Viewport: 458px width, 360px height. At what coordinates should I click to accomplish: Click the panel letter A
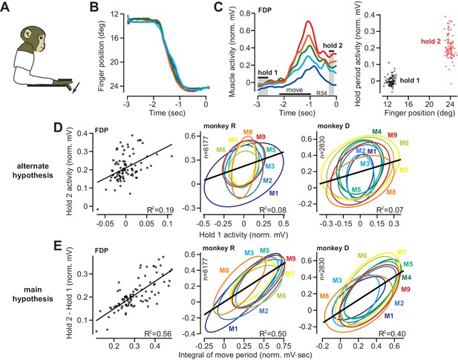[5, 7]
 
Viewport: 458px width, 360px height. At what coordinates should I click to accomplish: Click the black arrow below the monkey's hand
[76, 88]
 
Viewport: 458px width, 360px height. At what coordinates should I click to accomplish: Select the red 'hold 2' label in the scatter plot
[431, 42]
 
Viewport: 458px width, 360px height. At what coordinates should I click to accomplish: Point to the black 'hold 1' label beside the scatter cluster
[410, 80]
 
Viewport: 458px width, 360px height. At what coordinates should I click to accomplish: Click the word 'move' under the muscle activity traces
[294, 90]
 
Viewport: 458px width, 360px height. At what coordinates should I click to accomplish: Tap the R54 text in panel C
[322, 93]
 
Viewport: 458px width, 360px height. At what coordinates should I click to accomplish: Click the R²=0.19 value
[160, 209]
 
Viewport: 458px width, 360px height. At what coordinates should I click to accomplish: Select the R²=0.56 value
[158, 334]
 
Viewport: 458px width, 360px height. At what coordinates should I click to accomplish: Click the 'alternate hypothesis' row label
[33, 171]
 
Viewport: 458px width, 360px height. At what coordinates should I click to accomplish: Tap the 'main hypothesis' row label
[33, 294]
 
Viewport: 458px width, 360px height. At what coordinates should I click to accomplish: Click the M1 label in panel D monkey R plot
[273, 193]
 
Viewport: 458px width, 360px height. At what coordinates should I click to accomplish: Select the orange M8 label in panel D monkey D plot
[390, 192]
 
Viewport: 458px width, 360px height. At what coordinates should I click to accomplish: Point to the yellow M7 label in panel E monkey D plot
[402, 252]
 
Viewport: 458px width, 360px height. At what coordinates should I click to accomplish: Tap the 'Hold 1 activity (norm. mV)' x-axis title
[243, 235]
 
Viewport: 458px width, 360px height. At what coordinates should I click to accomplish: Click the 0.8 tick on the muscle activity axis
[246, 13]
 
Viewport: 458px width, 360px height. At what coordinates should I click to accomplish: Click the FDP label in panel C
[265, 10]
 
